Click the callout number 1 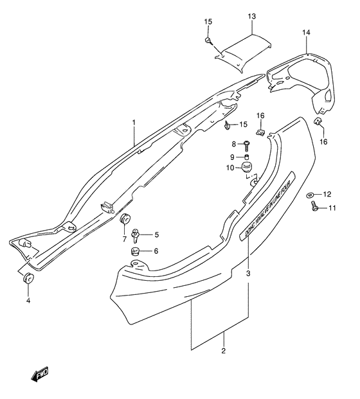point(134,121)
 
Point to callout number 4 point(28,300)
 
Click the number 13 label point(252,15)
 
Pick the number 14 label point(307,32)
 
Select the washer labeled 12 point(311,193)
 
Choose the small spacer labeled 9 point(247,156)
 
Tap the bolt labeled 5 point(136,235)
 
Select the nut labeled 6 point(136,251)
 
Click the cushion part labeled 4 point(27,279)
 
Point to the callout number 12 point(327,193)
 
